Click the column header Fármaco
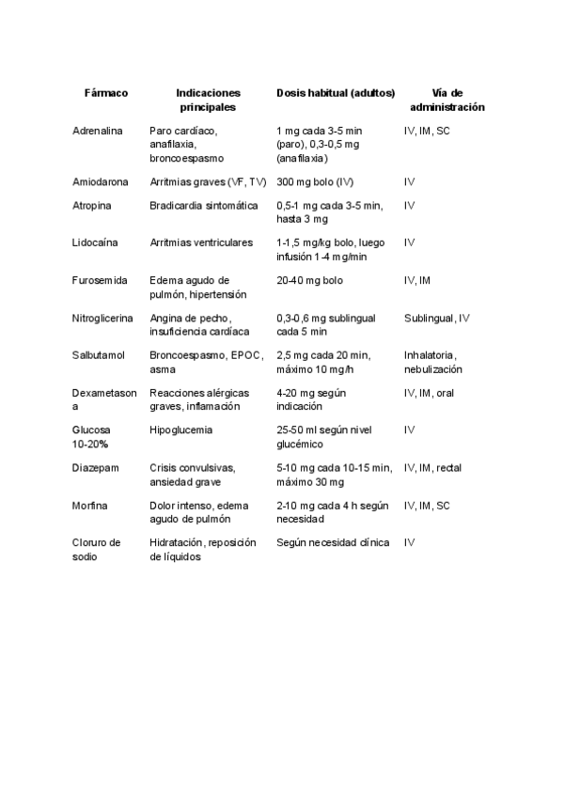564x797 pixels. (105, 93)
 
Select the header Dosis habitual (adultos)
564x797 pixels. (336, 93)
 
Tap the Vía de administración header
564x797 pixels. (447, 100)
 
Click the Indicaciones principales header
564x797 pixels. (208, 100)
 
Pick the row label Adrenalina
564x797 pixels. (98, 131)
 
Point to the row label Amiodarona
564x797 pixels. (100, 181)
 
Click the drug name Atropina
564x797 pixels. (92, 205)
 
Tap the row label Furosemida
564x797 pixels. (100, 280)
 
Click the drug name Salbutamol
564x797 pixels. (99, 355)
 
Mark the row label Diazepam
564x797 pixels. (95, 467)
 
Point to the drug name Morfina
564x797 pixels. (90, 505)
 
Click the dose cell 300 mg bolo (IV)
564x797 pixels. (315, 181)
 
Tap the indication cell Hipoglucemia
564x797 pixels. (180, 430)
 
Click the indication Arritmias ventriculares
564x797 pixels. (201, 242)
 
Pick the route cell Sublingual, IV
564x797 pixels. (436, 318)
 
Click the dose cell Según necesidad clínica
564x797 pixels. (333, 542)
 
